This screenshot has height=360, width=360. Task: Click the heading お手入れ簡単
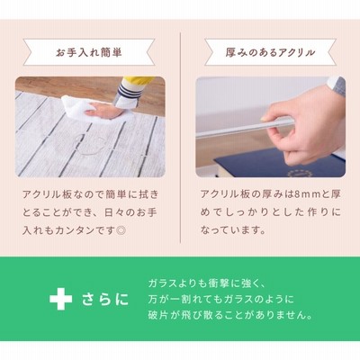(89, 53)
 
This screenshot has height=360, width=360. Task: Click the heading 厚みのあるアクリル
(270, 53)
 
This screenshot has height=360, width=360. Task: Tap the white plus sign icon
(61, 299)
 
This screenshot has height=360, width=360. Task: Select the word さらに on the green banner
(105, 300)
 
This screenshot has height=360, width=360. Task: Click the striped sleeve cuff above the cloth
(129, 94)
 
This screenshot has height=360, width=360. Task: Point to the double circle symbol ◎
(121, 230)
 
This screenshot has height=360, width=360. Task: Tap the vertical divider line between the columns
(180, 138)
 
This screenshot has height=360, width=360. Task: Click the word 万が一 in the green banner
(163, 300)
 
